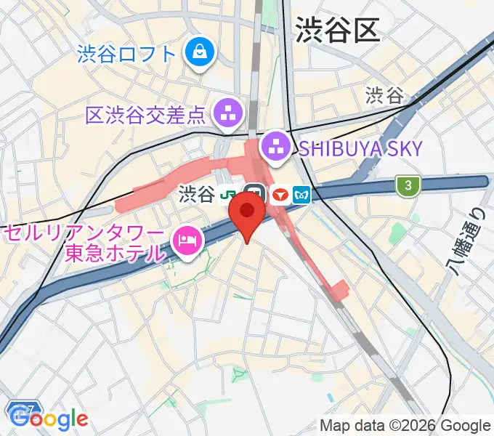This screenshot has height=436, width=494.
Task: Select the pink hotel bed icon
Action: (186, 243)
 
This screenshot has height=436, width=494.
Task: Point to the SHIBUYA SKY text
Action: (360, 149)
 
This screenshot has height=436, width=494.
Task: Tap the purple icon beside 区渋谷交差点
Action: (229, 113)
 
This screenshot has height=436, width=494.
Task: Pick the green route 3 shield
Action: (409, 186)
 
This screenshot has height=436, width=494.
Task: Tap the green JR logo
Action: (230, 194)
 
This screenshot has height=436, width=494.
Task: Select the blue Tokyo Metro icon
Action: (302, 194)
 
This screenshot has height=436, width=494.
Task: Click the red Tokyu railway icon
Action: (280, 194)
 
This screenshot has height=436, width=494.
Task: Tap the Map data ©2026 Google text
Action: (405, 426)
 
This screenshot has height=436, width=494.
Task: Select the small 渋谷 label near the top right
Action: (384, 95)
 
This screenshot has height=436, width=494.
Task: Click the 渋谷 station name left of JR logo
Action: (197, 194)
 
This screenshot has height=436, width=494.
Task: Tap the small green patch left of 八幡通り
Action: (397, 234)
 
